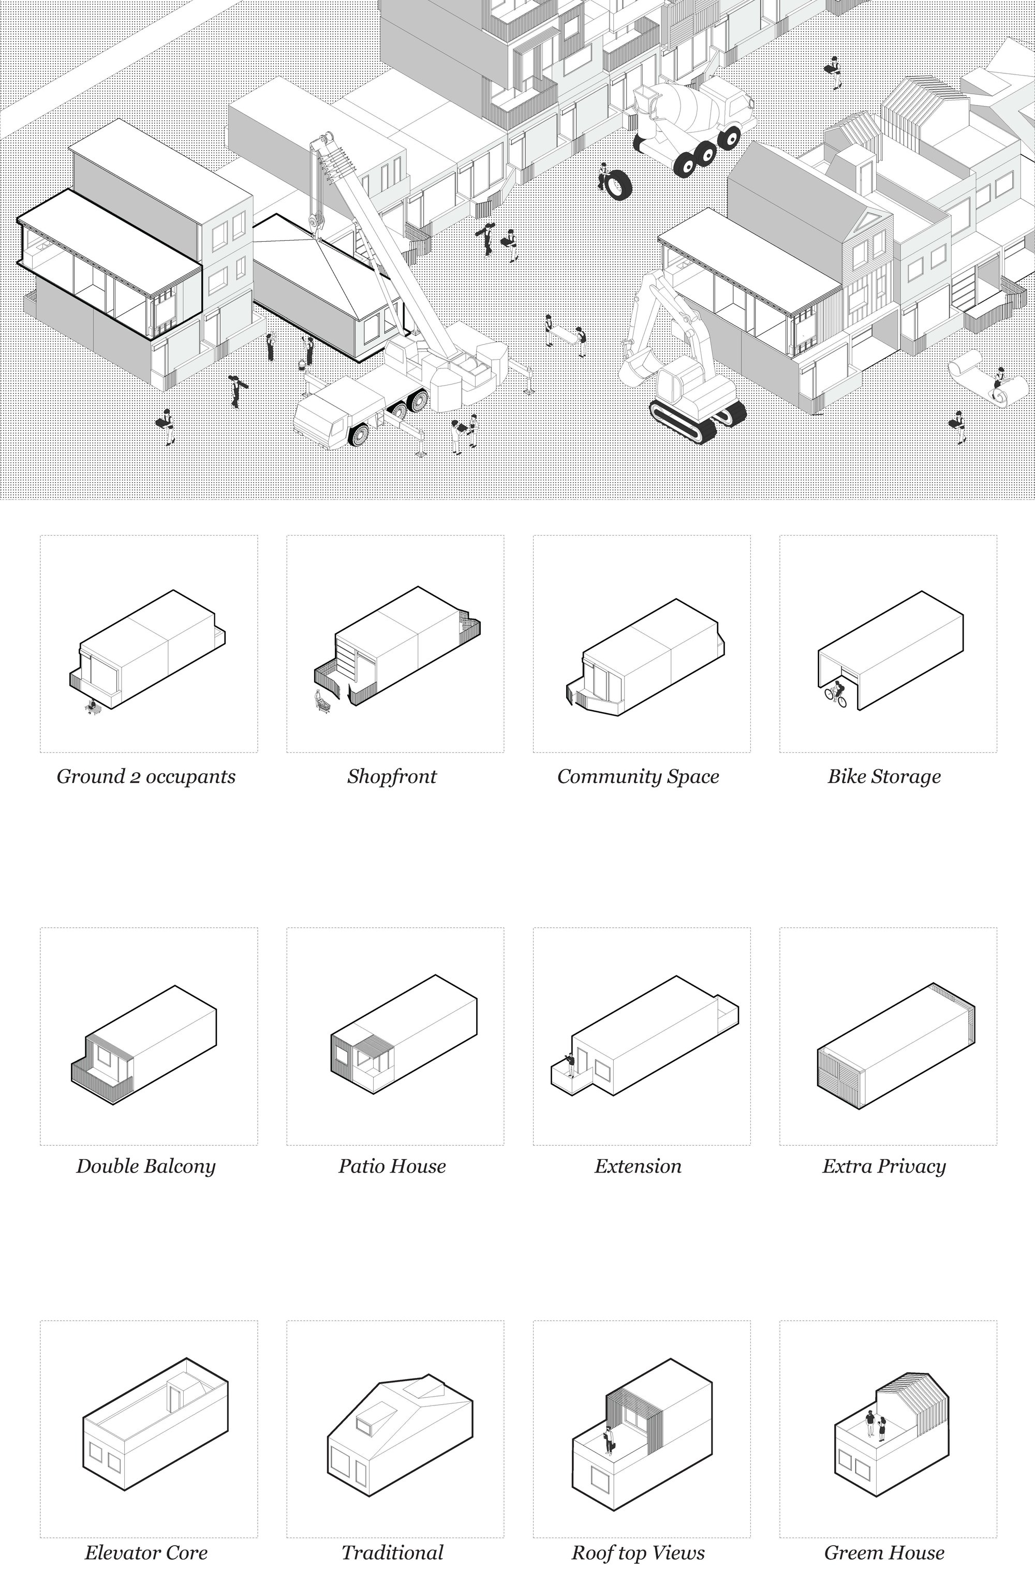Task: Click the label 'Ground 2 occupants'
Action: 146,777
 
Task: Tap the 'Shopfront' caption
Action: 392,777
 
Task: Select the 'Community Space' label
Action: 638,777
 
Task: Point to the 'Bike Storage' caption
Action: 884,777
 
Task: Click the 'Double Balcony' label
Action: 146,1166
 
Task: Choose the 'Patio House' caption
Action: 392,1166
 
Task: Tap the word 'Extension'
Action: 638,1166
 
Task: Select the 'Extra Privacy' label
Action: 884,1166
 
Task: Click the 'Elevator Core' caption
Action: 146,1553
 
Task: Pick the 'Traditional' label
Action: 392,1553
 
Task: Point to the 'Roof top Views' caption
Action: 638,1553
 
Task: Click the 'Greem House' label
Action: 884,1553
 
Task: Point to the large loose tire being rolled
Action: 617,184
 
